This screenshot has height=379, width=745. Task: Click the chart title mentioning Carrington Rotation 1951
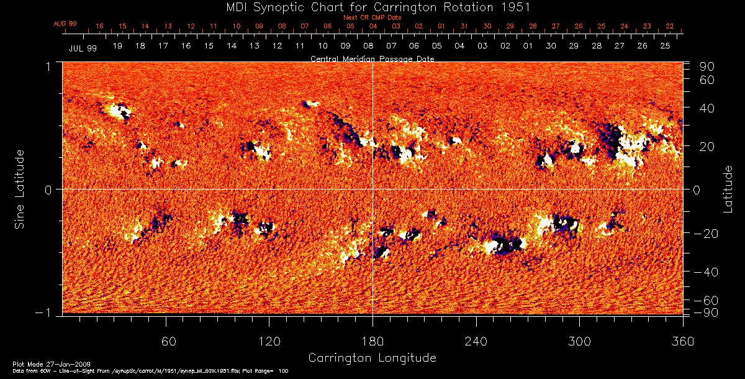372,7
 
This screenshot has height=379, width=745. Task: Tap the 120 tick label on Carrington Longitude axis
269,341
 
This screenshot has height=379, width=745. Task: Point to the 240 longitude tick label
476,341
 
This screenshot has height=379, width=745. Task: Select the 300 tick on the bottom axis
579,341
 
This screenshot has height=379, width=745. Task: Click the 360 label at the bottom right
682,341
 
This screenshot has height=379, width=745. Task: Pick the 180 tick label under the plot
372,341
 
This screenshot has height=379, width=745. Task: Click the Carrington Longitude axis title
372,358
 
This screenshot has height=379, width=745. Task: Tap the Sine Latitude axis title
20,188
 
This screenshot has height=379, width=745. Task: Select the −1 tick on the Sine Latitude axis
47,313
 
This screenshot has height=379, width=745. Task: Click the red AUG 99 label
65,24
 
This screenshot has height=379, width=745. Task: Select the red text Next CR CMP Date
372,17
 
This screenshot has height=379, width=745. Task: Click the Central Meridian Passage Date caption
372,58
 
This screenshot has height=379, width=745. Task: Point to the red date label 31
464,26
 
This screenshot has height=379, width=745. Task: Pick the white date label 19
117,46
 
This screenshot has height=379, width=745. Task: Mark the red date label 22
670,26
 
